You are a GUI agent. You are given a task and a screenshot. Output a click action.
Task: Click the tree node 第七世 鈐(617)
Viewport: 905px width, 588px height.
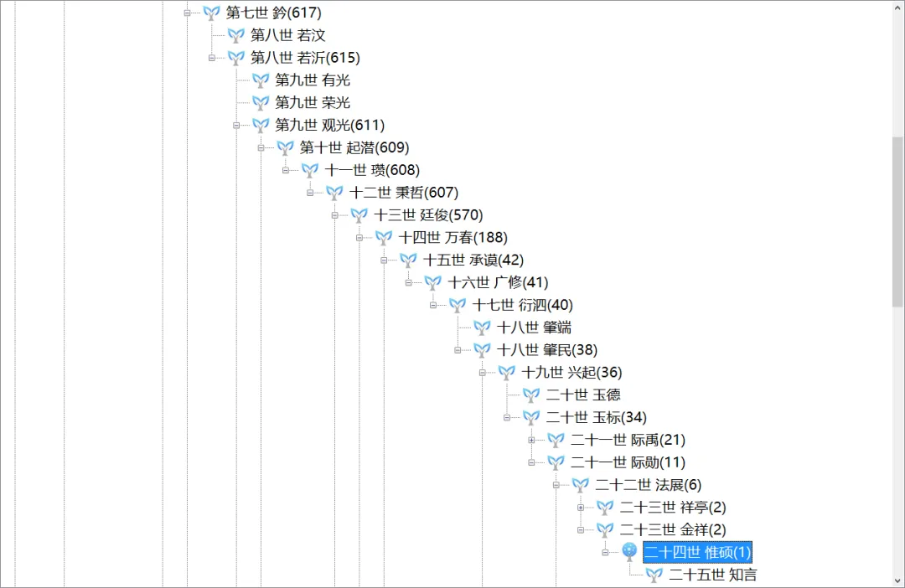273,13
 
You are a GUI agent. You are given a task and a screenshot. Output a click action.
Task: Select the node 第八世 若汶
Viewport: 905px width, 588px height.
287,35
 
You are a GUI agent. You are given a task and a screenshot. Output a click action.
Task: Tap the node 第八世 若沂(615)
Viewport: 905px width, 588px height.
305,58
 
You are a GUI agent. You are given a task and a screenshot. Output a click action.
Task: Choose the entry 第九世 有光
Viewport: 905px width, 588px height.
313,80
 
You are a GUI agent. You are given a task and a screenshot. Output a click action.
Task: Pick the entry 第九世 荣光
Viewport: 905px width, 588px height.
313,103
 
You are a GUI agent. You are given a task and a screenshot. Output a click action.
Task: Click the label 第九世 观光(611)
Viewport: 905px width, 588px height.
329,126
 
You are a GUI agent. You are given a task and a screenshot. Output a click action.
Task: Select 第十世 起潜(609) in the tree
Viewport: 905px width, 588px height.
354,148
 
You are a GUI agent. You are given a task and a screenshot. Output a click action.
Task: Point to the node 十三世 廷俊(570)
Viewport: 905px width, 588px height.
428,215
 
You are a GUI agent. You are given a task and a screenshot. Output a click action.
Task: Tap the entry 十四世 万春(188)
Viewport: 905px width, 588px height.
452,238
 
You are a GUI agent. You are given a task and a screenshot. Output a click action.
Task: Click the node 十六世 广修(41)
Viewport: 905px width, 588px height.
498,283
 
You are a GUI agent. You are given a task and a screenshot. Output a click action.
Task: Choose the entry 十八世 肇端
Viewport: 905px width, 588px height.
534,328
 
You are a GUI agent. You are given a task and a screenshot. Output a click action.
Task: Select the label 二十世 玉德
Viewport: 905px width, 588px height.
583,395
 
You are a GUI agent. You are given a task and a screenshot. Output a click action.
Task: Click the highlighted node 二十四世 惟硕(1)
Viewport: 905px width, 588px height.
697,552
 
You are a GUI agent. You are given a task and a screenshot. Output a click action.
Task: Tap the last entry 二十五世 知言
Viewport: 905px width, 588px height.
712,575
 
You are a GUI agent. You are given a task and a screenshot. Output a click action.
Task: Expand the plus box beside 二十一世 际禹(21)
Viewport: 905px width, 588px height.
531,440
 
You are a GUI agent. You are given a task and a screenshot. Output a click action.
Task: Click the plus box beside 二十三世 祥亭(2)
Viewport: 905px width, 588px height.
581,508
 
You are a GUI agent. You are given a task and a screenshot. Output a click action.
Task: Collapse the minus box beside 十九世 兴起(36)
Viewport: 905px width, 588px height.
483,373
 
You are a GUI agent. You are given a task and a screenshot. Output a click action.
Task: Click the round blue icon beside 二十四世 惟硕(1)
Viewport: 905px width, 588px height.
630,551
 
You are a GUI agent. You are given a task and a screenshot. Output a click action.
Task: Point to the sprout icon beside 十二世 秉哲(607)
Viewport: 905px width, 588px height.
334,193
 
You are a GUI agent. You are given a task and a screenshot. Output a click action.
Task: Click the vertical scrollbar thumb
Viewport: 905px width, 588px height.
897,222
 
